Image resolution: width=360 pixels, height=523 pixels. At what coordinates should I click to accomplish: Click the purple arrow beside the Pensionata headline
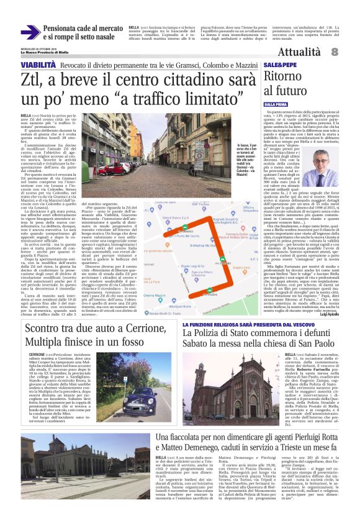pos(30,32)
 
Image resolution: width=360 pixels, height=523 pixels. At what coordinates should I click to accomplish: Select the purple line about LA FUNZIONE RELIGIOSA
pos(236,324)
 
